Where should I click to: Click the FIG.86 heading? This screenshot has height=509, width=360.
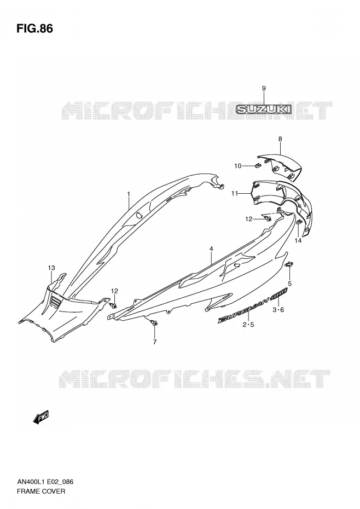click(x=34, y=29)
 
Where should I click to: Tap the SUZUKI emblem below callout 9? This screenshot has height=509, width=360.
click(x=264, y=109)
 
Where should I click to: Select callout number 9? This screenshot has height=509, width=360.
click(x=264, y=88)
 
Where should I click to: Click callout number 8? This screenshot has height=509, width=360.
click(x=280, y=139)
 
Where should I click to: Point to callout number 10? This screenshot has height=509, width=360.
click(x=238, y=166)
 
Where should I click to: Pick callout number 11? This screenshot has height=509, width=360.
click(x=235, y=193)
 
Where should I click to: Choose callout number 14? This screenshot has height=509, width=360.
click(x=298, y=240)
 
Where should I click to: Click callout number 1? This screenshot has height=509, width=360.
click(x=129, y=194)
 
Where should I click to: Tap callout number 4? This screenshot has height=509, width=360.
click(x=211, y=249)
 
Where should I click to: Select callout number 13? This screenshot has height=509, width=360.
click(x=51, y=268)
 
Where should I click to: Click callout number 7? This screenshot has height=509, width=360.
click(x=154, y=342)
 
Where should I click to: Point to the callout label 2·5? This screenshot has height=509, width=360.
click(x=248, y=325)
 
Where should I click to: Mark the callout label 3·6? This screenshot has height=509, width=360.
click(x=278, y=310)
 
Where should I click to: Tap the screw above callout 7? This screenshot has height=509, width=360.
click(x=154, y=322)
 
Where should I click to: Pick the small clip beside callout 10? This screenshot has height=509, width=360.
click(x=258, y=166)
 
